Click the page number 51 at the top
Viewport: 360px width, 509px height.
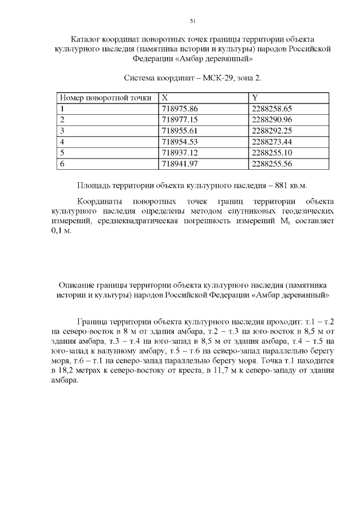[x=192, y=21]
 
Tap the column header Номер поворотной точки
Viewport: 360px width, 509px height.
[x=106, y=98]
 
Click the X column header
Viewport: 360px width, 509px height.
[x=165, y=98]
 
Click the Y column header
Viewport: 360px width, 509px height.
[x=255, y=98]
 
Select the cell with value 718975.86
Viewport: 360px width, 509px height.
[x=180, y=109]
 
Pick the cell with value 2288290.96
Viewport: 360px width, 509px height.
[x=272, y=120]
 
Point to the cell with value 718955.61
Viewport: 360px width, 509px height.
[x=180, y=130]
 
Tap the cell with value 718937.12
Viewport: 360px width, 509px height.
[x=180, y=152]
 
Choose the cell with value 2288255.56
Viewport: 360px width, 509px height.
[x=272, y=164]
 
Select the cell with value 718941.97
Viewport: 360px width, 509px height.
[x=180, y=164]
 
